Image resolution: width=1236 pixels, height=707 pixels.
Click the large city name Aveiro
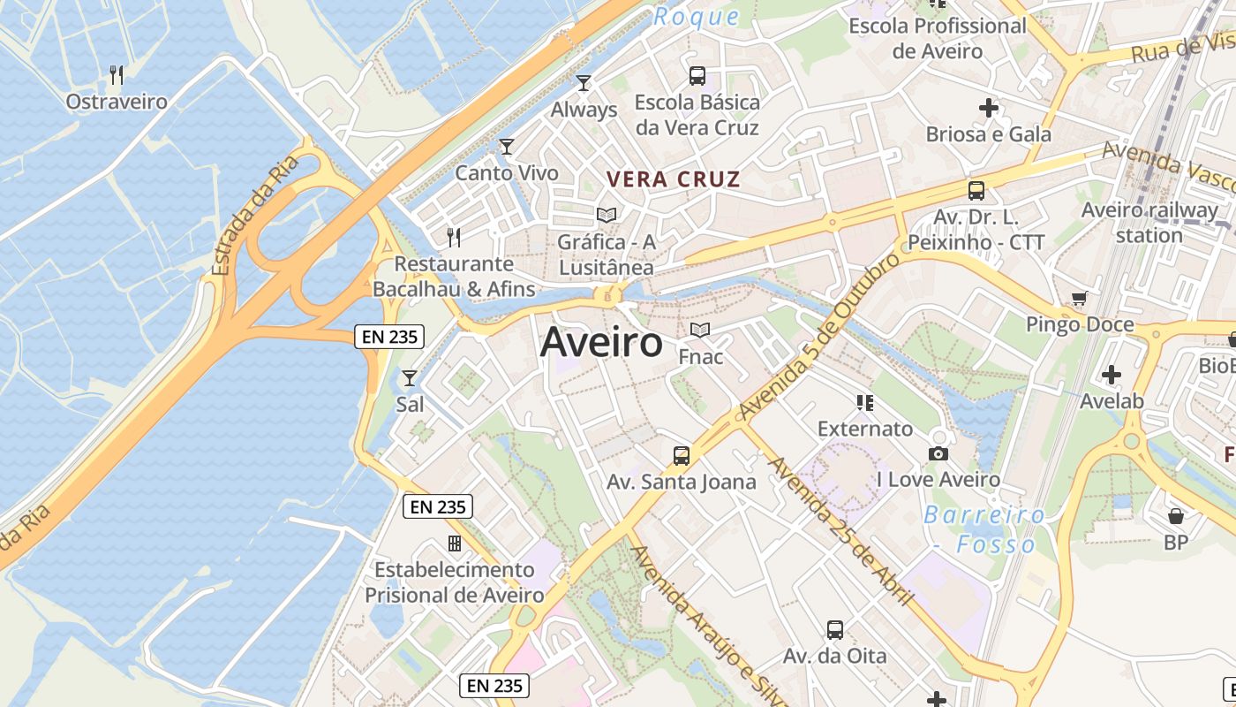tap(601, 342)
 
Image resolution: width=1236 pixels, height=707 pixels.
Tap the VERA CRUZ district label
tap(673, 179)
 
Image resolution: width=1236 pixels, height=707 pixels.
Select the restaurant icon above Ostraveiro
tap(116, 74)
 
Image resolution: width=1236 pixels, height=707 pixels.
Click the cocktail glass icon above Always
tap(583, 83)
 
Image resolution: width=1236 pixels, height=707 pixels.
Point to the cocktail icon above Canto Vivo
tap(506, 146)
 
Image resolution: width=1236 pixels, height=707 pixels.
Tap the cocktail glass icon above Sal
tap(410, 378)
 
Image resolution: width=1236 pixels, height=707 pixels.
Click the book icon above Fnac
tap(700, 331)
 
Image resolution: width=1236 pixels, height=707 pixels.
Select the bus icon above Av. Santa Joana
tap(682, 456)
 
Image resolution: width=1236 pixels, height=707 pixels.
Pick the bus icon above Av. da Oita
tap(835, 630)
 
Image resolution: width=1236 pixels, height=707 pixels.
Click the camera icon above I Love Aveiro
tap(938, 453)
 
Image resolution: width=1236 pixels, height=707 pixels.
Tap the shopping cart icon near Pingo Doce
tap(1079, 298)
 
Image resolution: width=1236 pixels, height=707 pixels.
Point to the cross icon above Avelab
tap(1112, 375)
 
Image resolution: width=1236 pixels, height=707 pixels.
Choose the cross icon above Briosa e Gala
tap(989, 108)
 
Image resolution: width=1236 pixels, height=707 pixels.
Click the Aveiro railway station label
tap(1149, 223)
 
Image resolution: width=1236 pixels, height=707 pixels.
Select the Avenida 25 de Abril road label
tap(840, 530)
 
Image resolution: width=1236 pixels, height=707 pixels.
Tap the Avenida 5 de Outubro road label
tap(819, 336)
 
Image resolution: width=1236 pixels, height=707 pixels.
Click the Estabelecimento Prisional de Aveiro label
tap(455, 582)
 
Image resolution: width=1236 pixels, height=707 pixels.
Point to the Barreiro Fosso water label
tap(985, 528)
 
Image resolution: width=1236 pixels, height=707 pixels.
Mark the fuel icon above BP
tap(1176, 516)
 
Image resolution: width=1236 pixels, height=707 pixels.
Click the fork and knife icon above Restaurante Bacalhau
tap(454, 237)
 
